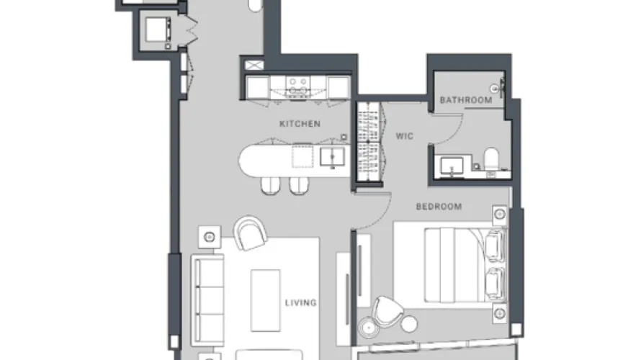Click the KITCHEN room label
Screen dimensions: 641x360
300,124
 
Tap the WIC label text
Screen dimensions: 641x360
404,136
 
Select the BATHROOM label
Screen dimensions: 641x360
466,100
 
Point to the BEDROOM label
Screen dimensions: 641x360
439,207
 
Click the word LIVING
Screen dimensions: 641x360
301,303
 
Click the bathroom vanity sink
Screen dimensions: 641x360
452,166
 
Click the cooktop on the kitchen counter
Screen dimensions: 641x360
297,86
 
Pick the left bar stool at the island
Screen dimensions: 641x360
271,186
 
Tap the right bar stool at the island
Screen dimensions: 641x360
299,186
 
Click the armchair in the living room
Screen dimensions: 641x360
250,233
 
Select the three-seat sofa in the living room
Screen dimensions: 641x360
207,300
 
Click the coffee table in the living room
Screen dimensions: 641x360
265,300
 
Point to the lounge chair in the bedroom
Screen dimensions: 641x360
387,312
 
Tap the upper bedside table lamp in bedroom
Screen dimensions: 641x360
500,214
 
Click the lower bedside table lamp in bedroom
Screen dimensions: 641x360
500,314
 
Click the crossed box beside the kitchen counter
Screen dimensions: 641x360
254,65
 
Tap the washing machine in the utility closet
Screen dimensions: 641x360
158,30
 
